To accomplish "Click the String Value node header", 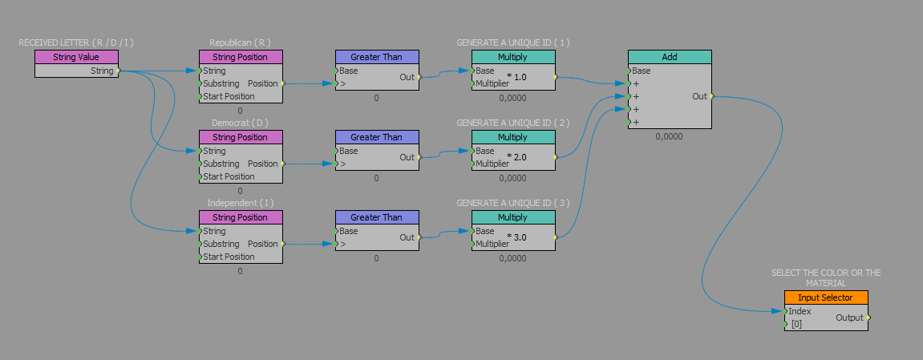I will coord(77,57).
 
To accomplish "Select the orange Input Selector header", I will coord(825,297).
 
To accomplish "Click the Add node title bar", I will coord(669,57).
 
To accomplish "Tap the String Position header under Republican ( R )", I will coord(240,57).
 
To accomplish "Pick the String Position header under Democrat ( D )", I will coord(240,137).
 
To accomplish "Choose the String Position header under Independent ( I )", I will coord(240,217).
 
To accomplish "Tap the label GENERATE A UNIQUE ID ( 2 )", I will coord(512,123).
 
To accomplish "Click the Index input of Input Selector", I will coord(800,311).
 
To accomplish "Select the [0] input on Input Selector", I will coord(796,324).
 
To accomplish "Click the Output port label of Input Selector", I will coord(849,318).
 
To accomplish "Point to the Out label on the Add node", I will coord(699,96).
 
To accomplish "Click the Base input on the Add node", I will coord(642,71).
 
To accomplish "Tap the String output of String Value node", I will coord(102,71).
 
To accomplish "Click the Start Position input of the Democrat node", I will coord(229,176).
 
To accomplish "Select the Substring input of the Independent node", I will coord(221,244).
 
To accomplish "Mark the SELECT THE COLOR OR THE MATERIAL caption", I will coord(825,277).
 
